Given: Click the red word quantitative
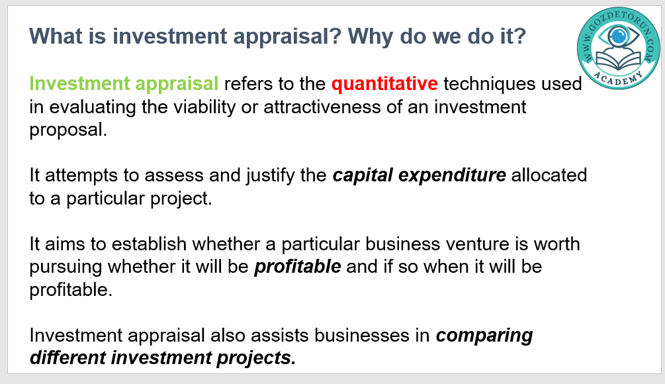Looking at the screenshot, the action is pyautogui.click(x=384, y=84).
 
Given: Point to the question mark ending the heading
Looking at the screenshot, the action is pyautogui.click(x=520, y=36).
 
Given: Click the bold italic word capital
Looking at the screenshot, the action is pyautogui.click(x=363, y=175).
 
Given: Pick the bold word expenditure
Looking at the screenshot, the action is pyautogui.click(x=452, y=175).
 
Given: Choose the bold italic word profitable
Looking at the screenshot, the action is pyautogui.click(x=298, y=267).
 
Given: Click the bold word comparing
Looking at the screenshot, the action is pyautogui.click(x=484, y=336).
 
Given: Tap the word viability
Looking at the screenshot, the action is pyautogui.click(x=204, y=107).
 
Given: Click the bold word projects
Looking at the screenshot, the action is pyautogui.click(x=256, y=358).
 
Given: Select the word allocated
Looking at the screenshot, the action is pyautogui.click(x=549, y=175).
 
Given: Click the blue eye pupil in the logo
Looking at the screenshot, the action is pyautogui.click(x=618, y=36).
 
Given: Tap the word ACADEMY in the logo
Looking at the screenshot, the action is pyautogui.click(x=618, y=79).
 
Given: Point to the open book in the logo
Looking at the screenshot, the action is pyautogui.click(x=618, y=60).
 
